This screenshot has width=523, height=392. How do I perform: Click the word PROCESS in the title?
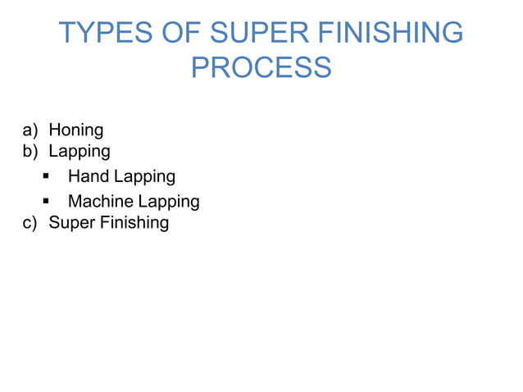(261, 66)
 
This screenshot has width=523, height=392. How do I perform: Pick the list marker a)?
(30, 130)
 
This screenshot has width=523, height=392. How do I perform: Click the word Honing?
(76, 130)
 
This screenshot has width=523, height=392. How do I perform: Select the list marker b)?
(30, 151)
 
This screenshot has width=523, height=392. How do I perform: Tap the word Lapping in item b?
(80, 152)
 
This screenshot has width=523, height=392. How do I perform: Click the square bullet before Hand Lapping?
(48, 176)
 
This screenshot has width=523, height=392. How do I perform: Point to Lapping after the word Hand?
(144, 177)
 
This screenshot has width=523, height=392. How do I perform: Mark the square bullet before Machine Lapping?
(48, 201)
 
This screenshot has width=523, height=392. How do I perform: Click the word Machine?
(100, 201)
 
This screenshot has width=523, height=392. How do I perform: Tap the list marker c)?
(30, 222)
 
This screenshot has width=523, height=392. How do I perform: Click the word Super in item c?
(71, 223)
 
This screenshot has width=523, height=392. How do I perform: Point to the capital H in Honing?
(55, 130)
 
